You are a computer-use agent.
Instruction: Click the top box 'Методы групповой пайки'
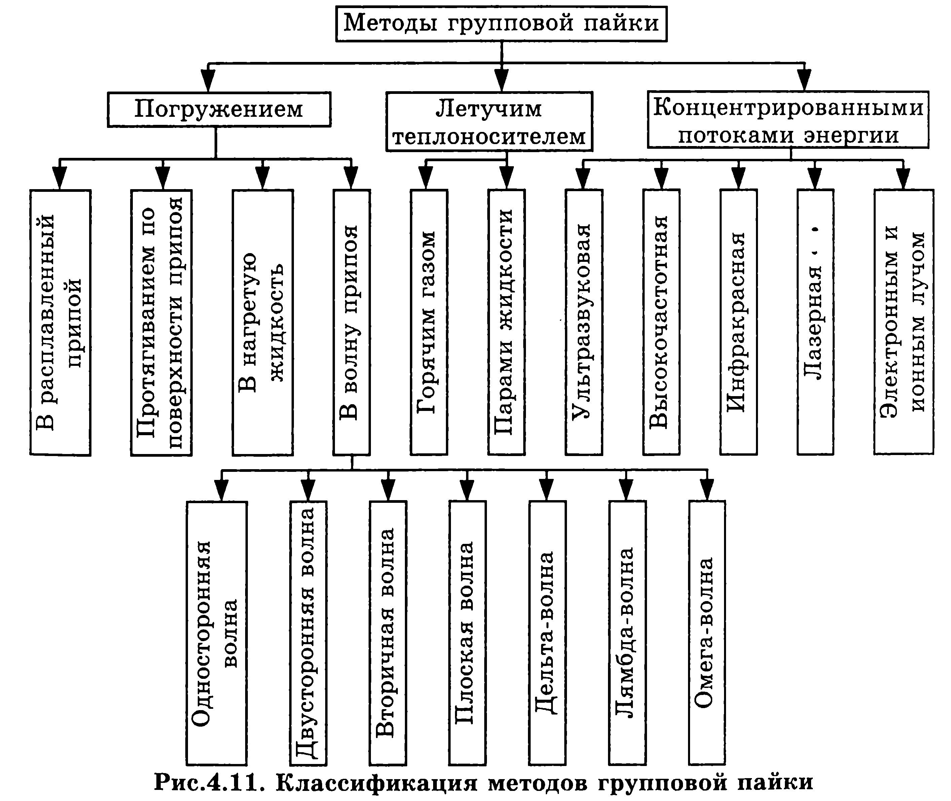tap(501, 24)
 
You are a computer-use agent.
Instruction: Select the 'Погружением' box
tap(219, 109)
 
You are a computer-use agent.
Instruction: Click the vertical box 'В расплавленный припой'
tap(60, 322)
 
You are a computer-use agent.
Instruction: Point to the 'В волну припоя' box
tap(352, 322)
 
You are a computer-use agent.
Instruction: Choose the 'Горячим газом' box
tap(429, 322)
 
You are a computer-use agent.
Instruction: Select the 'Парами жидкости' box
tap(506, 322)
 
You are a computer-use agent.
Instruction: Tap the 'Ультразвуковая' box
tap(584, 322)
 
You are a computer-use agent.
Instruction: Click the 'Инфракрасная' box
tap(738, 322)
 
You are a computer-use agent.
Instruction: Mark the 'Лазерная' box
tap(815, 322)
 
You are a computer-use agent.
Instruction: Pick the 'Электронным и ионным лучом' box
tap(903, 322)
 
